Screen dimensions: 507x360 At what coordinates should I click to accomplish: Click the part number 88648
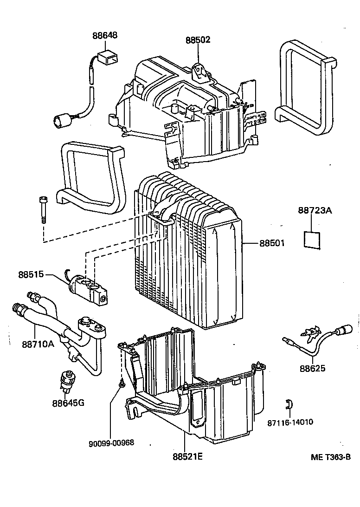click(x=104, y=35)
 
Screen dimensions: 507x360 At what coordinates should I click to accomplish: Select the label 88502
click(x=197, y=39)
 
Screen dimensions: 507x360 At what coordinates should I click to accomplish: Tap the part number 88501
click(x=272, y=243)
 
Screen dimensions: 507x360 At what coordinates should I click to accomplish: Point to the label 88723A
click(x=315, y=211)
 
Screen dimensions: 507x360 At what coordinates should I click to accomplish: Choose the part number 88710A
click(x=38, y=344)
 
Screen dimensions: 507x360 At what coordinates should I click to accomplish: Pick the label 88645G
click(x=68, y=402)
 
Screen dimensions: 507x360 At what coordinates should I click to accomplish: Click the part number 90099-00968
click(x=111, y=442)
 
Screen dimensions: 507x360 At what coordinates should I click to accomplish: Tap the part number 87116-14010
click(x=290, y=422)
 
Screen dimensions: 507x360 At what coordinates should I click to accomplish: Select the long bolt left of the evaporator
click(x=43, y=209)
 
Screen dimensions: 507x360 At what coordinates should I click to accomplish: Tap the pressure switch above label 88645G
click(x=66, y=378)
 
